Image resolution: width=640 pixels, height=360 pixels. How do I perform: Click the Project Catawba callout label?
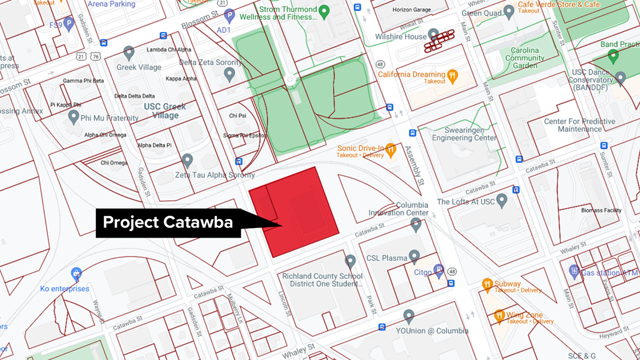click(x=168, y=222)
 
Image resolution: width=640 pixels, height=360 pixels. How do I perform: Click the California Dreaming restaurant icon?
click(x=452, y=75)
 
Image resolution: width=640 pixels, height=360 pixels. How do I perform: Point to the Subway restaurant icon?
click(x=487, y=284)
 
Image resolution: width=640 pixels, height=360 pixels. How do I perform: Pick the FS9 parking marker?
click(x=68, y=24)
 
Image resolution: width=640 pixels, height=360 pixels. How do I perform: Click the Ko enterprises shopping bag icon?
click(x=76, y=275)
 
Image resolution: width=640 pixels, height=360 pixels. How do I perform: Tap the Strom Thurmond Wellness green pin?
click(x=323, y=11)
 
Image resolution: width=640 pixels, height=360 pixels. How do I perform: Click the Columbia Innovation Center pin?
click(x=415, y=225)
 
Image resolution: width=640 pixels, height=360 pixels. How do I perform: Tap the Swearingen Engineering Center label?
click(x=464, y=134)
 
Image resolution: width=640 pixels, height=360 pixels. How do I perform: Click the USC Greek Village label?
click(x=165, y=111)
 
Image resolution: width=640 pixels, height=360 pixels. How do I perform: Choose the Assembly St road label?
click(x=413, y=166)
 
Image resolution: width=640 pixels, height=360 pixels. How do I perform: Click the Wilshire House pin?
click(x=433, y=35)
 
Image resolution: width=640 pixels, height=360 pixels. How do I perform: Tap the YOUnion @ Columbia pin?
click(x=409, y=316)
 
